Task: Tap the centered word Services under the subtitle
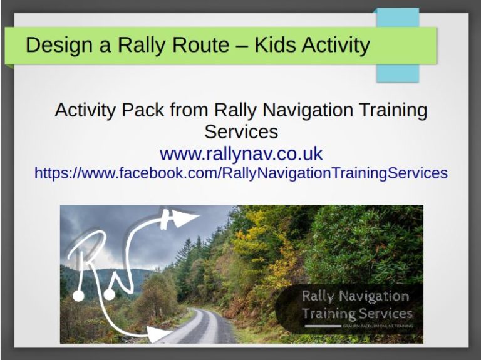coord(240,131)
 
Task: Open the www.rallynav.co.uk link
coord(240,153)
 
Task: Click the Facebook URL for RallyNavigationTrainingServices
coord(240,173)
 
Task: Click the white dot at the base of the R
coord(78,295)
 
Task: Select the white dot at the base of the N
coord(109,294)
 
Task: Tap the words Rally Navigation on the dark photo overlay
coord(355,296)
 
